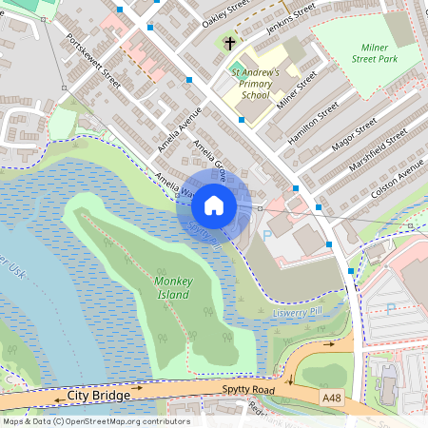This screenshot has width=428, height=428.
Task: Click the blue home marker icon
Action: click(214, 205)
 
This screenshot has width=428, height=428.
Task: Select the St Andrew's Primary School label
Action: click(255, 83)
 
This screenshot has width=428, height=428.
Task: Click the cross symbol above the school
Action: click(229, 43)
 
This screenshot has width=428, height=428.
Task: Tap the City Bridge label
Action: click(98, 394)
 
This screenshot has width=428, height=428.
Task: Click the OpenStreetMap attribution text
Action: click(95, 421)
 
